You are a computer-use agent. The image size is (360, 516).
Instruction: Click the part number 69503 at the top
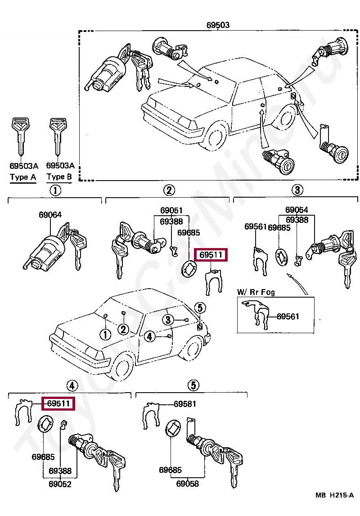218,25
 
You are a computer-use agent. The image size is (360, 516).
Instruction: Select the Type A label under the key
23,177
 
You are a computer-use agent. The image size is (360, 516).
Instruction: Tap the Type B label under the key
59,177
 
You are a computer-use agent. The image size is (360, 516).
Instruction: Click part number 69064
50,215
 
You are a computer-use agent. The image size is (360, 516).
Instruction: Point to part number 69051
171,211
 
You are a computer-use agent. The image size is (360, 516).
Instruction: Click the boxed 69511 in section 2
211,255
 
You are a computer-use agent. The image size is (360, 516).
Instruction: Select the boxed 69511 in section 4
58,403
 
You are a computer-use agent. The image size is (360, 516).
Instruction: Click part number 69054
297,210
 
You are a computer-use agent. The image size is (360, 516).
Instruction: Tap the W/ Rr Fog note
256,292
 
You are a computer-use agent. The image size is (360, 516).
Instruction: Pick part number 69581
185,404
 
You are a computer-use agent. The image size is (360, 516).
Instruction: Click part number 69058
187,484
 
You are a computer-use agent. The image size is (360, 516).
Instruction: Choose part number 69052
60,484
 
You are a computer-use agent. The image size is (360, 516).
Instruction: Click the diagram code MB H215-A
335,495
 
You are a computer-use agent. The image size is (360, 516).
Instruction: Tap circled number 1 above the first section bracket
55,190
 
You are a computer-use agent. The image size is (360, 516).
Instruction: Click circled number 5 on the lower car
200,308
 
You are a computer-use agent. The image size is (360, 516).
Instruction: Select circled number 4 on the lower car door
149,336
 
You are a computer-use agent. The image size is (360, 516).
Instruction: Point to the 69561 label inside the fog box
288,317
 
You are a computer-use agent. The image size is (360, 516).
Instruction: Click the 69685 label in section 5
170,470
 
